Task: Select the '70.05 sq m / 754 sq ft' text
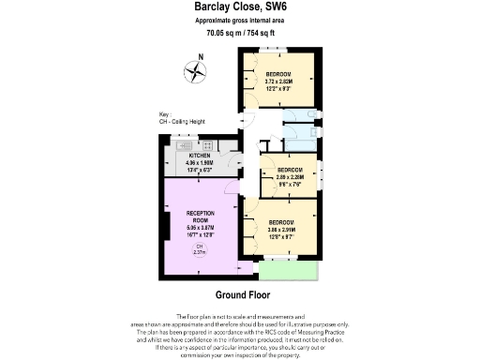(239, 33)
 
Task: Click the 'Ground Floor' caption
(242, 293)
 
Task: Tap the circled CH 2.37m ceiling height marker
(200, 248)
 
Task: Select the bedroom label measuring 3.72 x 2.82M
(277, 74)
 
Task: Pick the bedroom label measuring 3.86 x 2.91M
(285, 221)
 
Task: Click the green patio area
(288, 269)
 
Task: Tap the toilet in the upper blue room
(301, 115)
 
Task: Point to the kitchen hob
(203, 144)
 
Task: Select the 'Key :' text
(164, 115)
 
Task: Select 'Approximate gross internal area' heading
(239, 20)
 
